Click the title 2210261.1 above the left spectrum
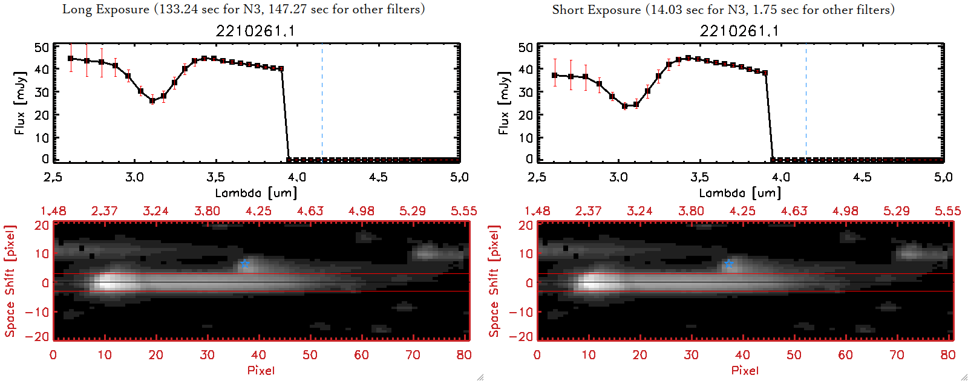255,31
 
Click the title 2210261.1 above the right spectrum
739,31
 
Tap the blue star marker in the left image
244,264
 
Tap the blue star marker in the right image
728,264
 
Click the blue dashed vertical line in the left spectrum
322,103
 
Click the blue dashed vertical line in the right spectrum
806,103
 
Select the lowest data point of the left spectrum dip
152,101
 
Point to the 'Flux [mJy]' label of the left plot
20,103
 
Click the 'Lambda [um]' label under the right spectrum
739,193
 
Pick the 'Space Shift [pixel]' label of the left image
10,281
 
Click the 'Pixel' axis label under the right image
745,370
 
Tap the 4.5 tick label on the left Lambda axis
378,177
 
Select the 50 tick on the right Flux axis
526,47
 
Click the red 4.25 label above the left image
258,211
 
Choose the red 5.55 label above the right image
947,211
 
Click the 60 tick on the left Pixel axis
361,355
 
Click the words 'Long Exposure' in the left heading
106,9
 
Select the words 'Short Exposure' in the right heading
596,10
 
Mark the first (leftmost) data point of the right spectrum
555,76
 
